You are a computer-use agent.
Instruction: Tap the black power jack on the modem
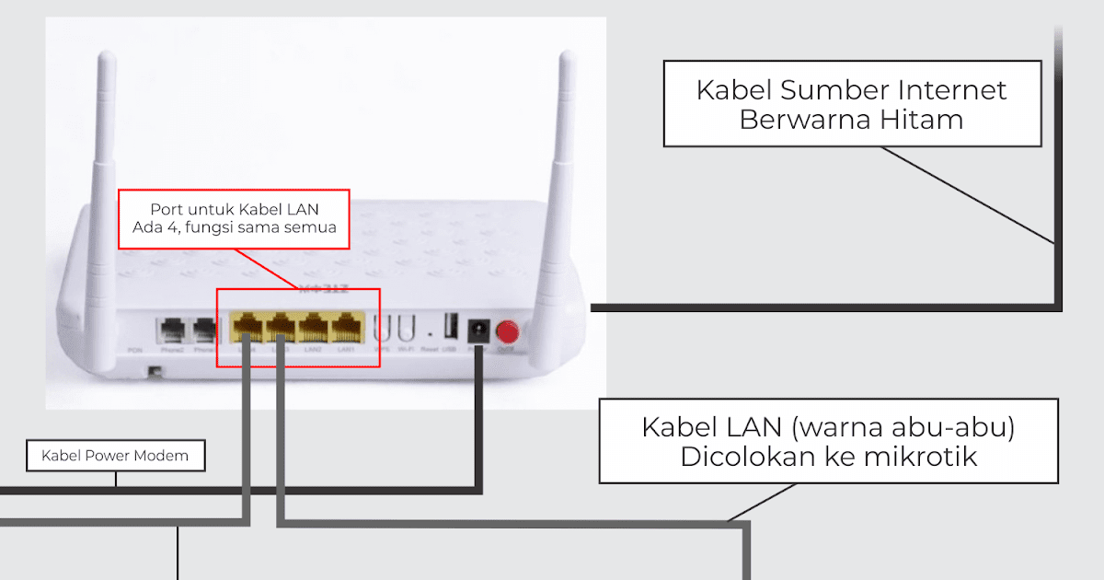point(478,329)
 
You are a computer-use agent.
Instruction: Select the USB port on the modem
point(450,327)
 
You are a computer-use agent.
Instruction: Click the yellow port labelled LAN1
point(347,327)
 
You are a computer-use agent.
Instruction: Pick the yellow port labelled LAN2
point(314,327)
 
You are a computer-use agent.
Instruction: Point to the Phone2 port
point(171,330)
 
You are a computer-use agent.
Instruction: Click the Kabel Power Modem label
point(115,455)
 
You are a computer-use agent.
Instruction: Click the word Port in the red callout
point(167,210)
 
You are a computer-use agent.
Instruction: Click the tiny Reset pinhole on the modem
point(430,327)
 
